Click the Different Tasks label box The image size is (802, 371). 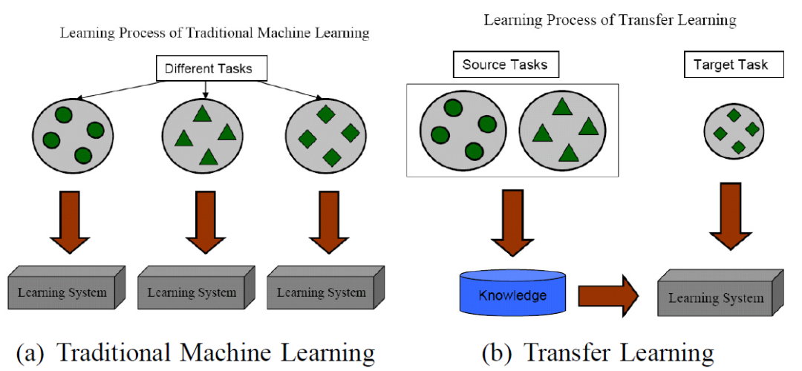[208, 70]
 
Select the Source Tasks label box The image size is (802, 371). [504, 65]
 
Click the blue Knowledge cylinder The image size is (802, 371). [512, 295]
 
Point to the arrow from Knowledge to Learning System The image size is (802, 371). [607, 295]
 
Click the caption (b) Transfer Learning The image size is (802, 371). [597, 352]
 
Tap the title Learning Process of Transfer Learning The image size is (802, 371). [610, 20]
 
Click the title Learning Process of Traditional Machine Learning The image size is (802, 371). [214, 33]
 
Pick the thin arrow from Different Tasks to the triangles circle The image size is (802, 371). [206, 89]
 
